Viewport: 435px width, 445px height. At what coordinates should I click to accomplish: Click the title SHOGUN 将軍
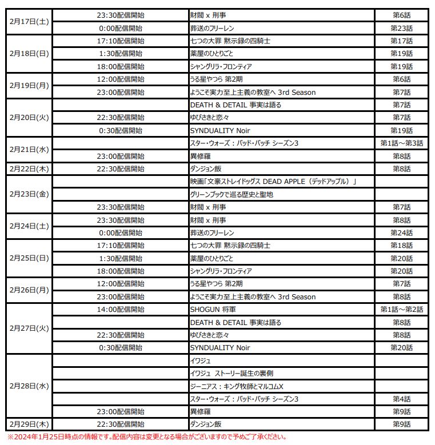(212, 310)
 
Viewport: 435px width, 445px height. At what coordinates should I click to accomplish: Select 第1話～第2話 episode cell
(401, 310)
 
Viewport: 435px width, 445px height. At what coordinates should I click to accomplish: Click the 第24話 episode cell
(401, 232)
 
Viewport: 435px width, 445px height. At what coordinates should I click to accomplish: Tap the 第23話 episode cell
(401, 28)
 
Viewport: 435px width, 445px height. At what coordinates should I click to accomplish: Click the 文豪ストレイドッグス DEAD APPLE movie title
(273, 182)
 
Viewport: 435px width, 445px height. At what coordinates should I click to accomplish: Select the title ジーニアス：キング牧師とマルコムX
(237, 386)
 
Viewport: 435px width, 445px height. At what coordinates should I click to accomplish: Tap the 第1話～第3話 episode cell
(401, 143)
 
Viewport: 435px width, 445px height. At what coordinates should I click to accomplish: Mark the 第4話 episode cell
(401, 399)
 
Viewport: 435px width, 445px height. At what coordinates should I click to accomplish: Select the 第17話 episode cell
(401, 41)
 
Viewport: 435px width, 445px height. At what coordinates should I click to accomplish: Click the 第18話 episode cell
(401, 246)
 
